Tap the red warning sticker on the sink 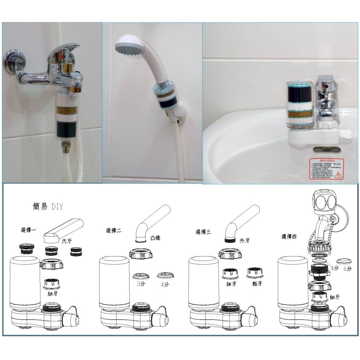[325, 168]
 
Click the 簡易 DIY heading [47, 207]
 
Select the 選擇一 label [28, 230]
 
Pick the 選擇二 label [113, 231]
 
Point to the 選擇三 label [203, 232]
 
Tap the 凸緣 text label [155, 238]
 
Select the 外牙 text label [245, 240]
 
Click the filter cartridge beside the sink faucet [299, 104]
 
